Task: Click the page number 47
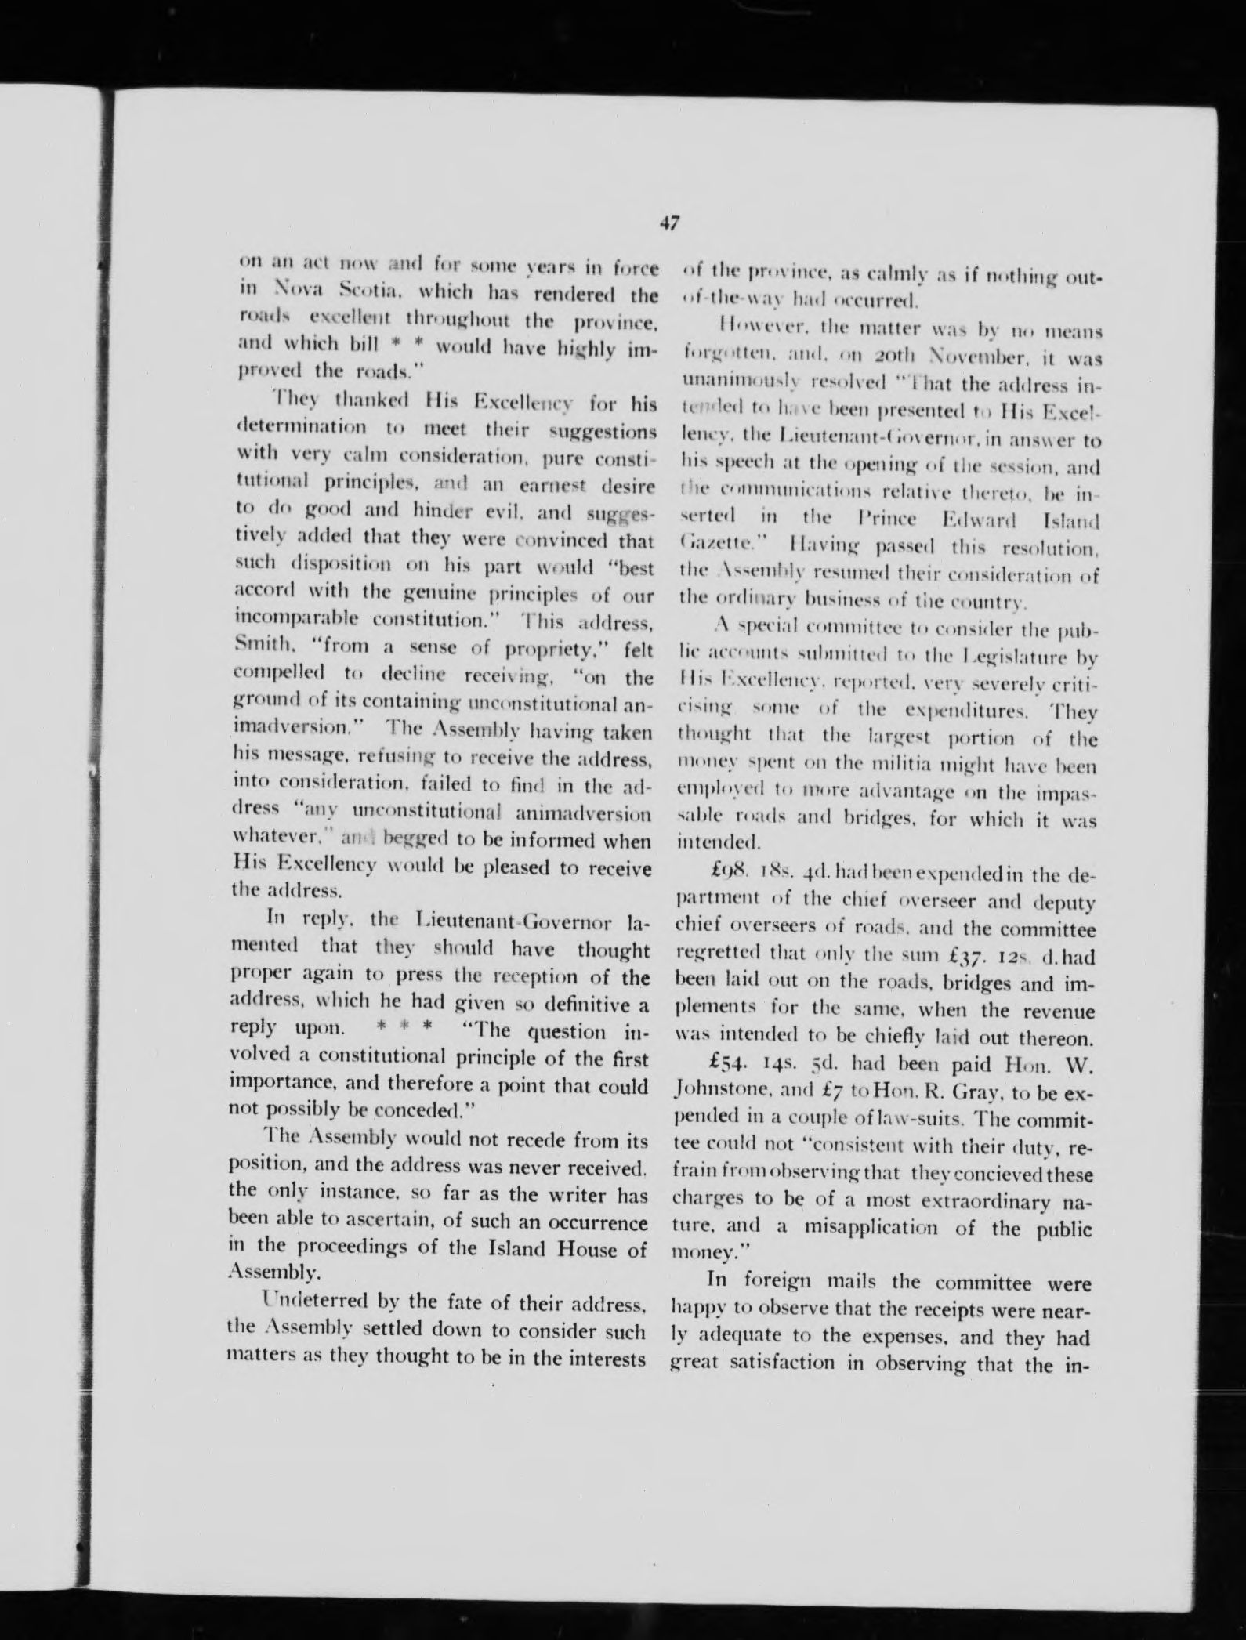tap(668, 223)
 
